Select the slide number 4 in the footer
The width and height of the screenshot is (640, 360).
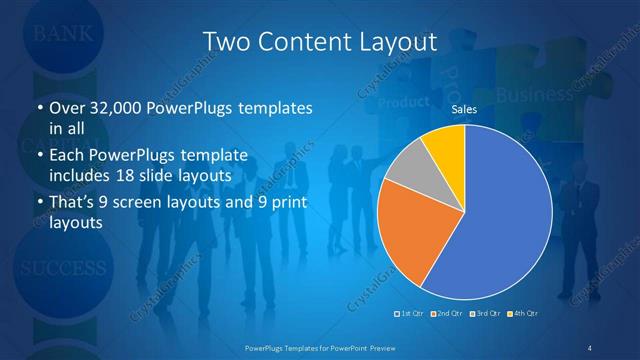(590, 347)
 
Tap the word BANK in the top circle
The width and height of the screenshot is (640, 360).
(63, 33)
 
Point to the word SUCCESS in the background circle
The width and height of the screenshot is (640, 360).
(62, 269)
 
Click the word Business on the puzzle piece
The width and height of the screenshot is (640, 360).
(535, 95)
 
